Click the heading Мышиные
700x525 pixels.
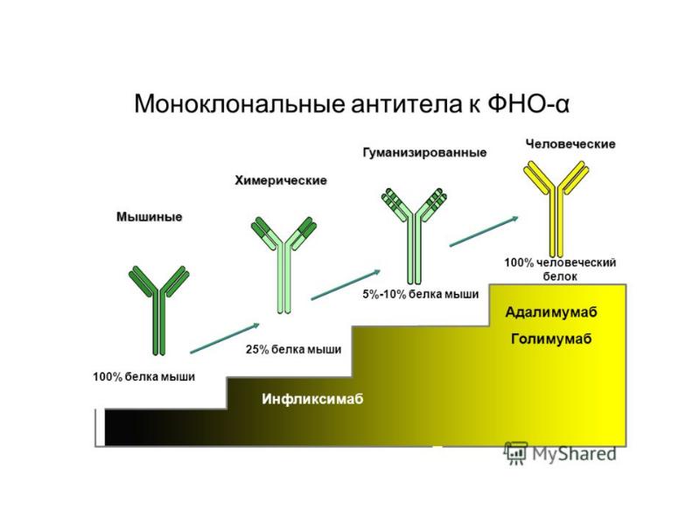click(150, 217)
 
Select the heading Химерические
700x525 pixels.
click(280, 180)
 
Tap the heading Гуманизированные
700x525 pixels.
click(424, 153)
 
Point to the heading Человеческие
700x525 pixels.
click(570, 143)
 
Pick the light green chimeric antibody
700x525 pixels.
click(283, 262)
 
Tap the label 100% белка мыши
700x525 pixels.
click(143, 377)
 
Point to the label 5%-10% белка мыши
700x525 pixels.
click(420, 295)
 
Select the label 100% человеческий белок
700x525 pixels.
click(561, 269)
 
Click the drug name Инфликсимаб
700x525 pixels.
click(311, 399)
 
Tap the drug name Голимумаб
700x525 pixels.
click(551, 339)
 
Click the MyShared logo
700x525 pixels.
click(560, 452)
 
